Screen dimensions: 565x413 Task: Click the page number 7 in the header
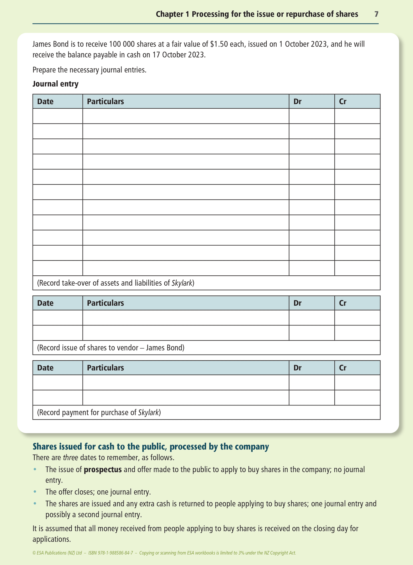click(376, 14)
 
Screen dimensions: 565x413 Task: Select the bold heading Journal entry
click(55, 84)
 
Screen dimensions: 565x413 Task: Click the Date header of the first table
click(45, 102)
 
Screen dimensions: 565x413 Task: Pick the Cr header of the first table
click(342, 102)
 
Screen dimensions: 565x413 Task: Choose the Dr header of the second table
click(297, 303)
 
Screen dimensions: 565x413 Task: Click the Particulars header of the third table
click(105, 368)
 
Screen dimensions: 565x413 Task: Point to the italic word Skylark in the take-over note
click(182, 283)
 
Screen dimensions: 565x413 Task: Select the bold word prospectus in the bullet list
click(103, 469)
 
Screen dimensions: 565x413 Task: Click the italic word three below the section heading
click(70, 457)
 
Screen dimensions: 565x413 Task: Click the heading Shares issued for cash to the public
click(151, 446)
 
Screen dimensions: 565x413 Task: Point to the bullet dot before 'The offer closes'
click(35, 492)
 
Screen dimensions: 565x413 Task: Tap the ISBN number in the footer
click(111, 553)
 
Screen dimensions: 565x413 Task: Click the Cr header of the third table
click(342, 368)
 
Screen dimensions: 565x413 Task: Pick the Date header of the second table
click(45, 303)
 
